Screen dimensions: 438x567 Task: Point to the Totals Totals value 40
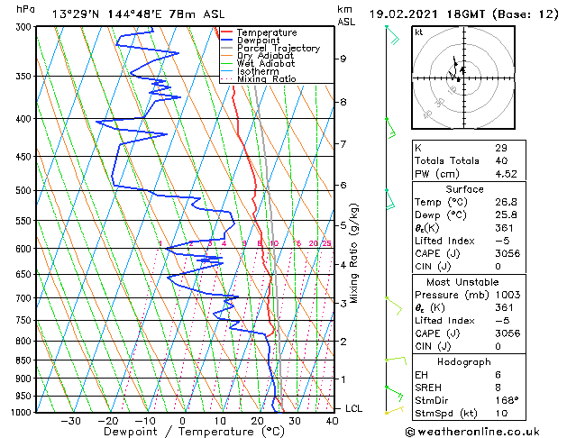(x=500, y=160)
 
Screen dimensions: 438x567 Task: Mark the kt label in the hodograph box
(x=419, y=32)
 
